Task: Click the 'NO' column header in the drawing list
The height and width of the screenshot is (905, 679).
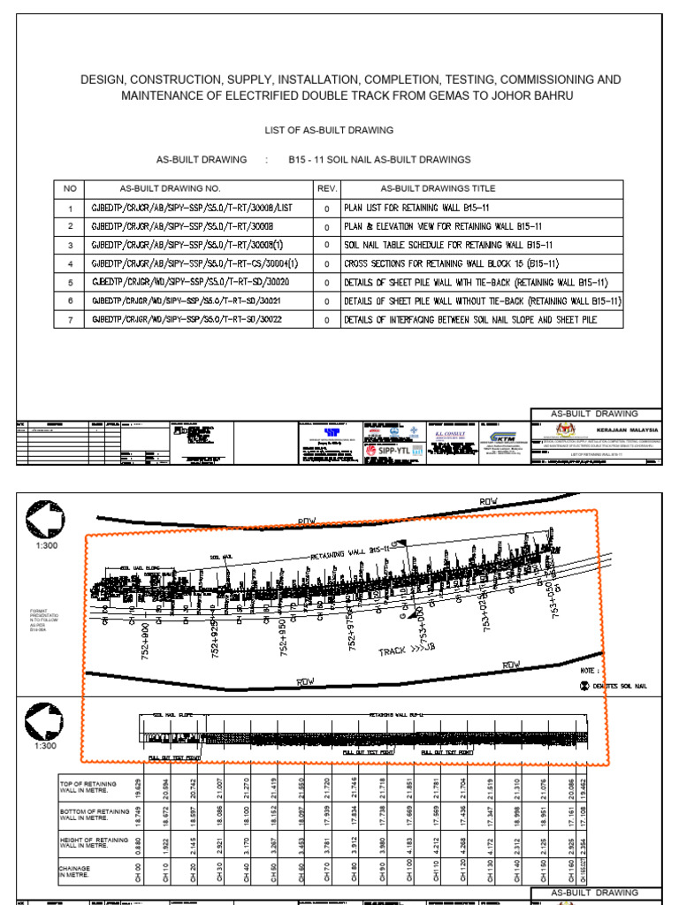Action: pyautogui.click(x=67, y=189)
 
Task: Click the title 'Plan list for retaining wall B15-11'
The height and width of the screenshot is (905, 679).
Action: pyautogui.click(x=417, y=209)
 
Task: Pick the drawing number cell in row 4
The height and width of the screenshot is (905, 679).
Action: pyautogui.click(x=195, y=263)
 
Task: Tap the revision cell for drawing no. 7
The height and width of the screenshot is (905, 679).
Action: pyautogui.click(x=326, y=319)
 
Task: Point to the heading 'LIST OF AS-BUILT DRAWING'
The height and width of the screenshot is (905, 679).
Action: pyautogui.click(x=330, y=130)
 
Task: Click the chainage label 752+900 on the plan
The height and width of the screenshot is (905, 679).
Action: pyautogui.click(x=143, y=639)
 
